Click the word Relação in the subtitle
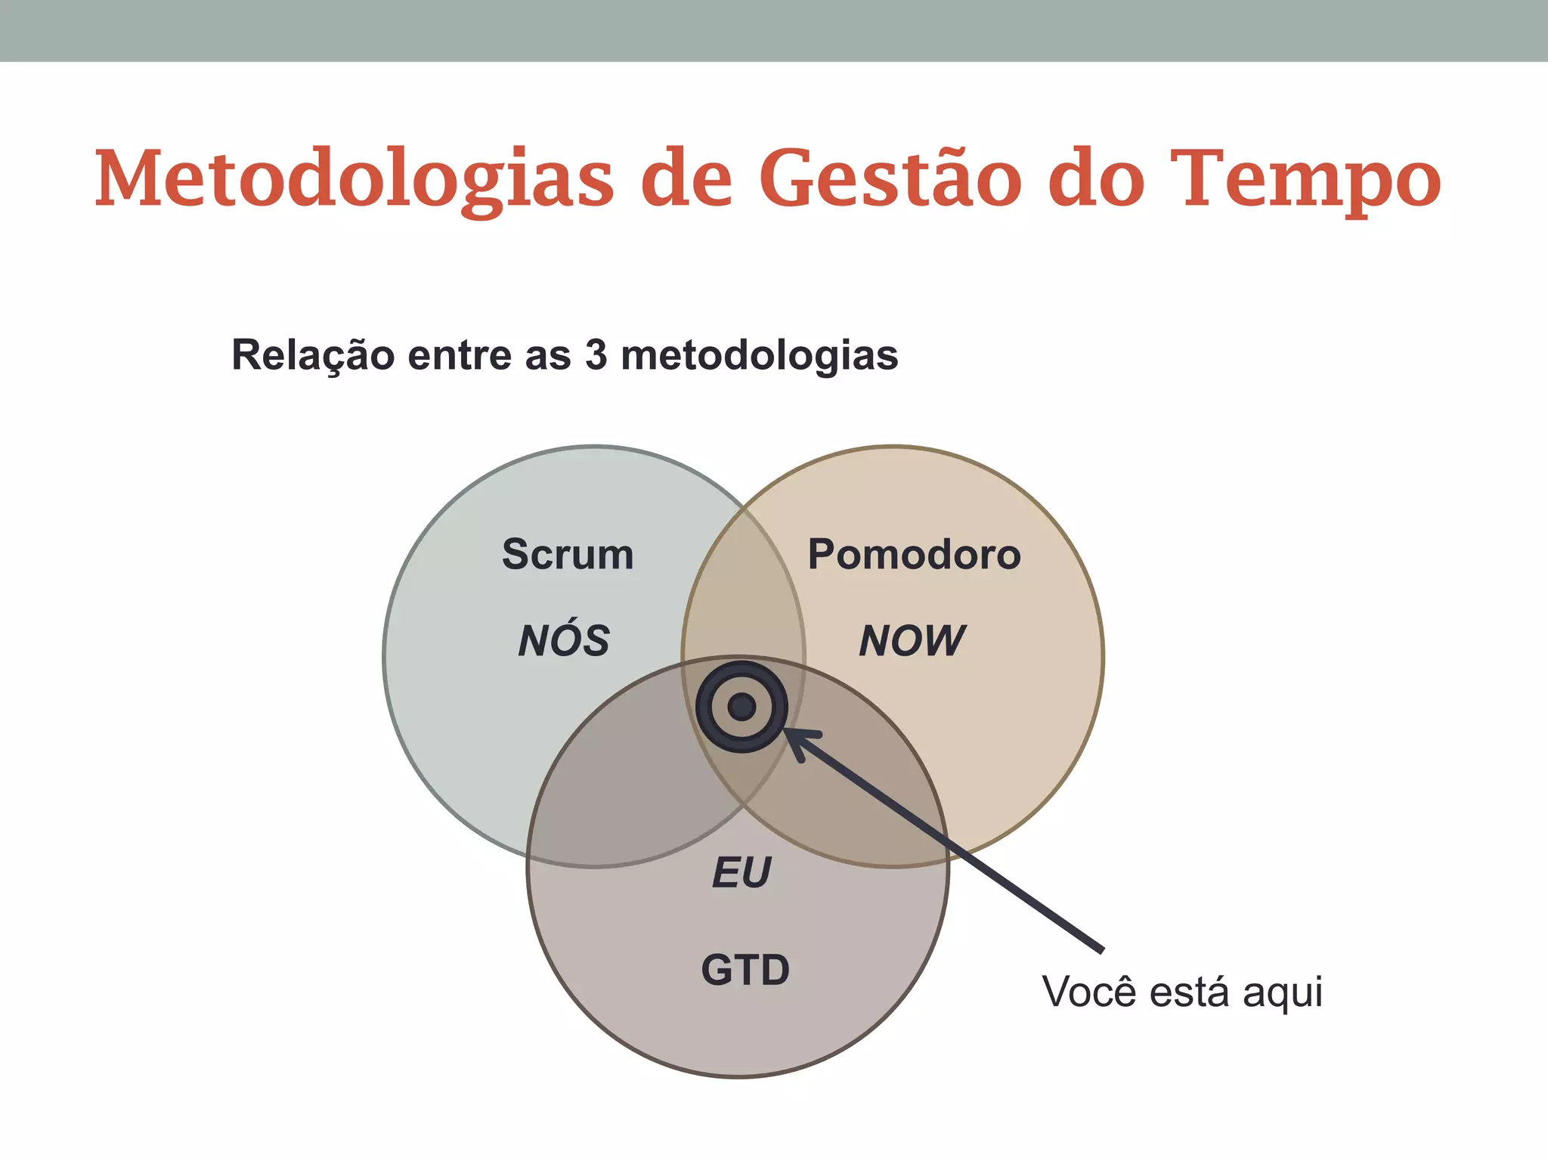[312, 355]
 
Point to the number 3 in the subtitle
[596, 354]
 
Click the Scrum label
[568, 554]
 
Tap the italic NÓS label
[564, 639]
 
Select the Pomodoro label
[914, 554]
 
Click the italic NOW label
[912, 641]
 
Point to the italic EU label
[741, 872]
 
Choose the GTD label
[745, 970]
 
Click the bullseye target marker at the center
[741, 707]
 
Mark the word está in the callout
[1190, 992]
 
